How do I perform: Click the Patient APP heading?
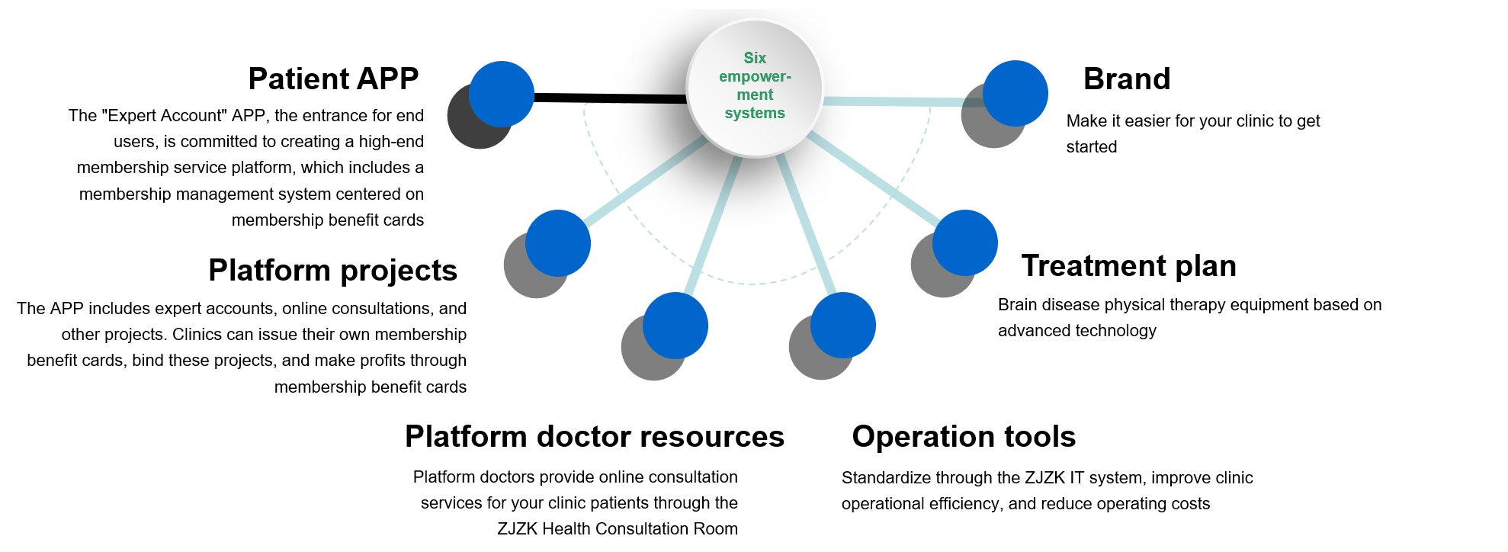click(333, 79)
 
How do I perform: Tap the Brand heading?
click(1126, 79)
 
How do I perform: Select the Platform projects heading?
click(332, 271)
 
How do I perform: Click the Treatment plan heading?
click(1128, 266)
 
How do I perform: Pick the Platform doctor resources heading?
click(594, 437)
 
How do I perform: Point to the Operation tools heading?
click(964, 437)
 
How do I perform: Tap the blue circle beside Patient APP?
click(501, 94)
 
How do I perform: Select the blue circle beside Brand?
click(1015, 93)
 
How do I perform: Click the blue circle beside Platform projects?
click(558, 242)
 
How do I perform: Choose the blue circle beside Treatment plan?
click(965, 242)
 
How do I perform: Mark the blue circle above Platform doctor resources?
click(675, 325)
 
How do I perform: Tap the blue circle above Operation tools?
click(843, 325)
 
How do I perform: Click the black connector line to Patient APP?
click(610, 98)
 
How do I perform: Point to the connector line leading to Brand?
click(900, 101)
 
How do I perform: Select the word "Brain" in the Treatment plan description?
click(1018, 305)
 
